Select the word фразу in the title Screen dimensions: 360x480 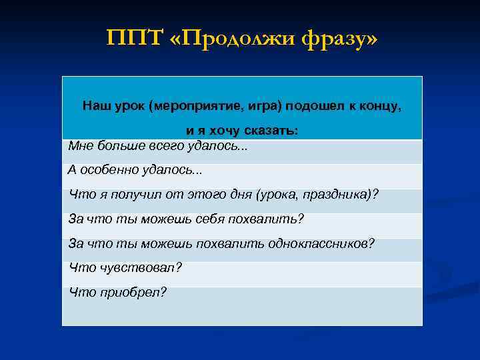point(336,39)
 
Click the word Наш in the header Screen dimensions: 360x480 point(95,105)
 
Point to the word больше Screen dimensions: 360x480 point(118,145)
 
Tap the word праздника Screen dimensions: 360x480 point(339,194)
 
